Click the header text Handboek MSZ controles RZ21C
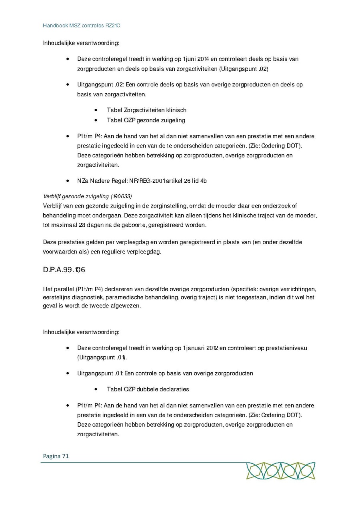[x=81, y=25]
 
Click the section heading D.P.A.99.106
[x=64, y=270]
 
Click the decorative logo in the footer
[x=280, y=471]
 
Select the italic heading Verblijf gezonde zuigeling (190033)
[x=87, y=196]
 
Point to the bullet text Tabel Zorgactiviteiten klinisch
[x=146, y=110]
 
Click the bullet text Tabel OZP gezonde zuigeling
[x=146, y=120]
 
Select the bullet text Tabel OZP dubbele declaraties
[x=148, y=389]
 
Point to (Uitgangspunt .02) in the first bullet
[x=244, y=69]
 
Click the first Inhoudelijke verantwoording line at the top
[x=81, y=43]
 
